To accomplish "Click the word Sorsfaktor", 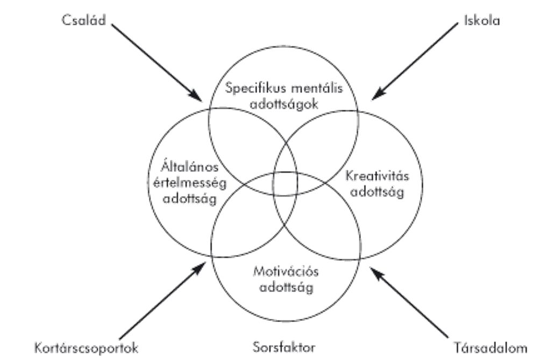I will click(283, 346).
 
